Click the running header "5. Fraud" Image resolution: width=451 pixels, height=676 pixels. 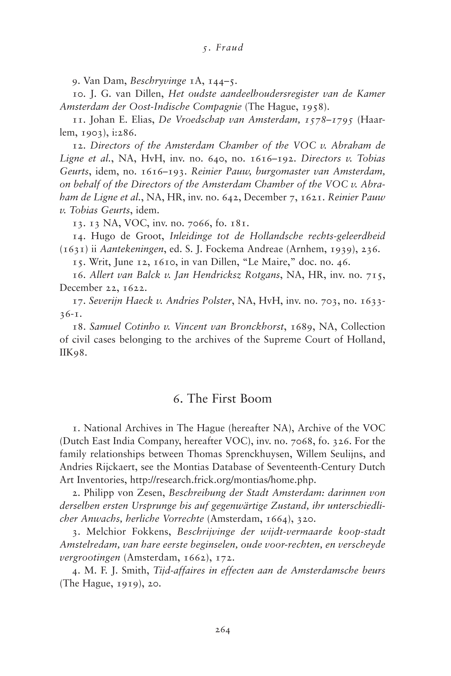223,47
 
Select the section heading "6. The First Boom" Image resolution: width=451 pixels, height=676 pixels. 222,399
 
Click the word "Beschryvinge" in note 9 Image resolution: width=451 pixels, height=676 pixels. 158,81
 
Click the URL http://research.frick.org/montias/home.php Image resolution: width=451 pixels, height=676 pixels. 223,480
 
